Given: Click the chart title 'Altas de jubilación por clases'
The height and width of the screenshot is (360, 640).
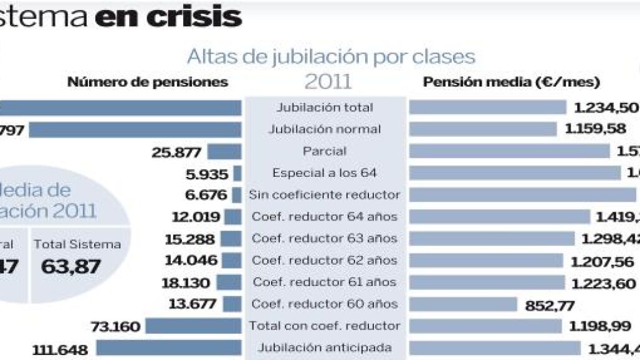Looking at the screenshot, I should tap(331, 57).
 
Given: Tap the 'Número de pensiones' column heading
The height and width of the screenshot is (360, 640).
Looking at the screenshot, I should tap(148, 82).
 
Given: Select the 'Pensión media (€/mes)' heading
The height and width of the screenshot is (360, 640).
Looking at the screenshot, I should tap(511, 82).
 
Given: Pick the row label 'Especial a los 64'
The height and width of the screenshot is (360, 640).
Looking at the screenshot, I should tap(324, 173).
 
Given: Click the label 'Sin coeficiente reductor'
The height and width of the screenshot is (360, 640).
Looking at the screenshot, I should tap(324, 195).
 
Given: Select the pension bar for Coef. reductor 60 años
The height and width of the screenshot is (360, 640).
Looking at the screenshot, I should tap(463, 304).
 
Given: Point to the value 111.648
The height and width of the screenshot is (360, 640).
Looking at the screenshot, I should tap(60, 349).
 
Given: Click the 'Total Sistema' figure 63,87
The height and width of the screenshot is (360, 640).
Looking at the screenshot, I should tap(70, 267).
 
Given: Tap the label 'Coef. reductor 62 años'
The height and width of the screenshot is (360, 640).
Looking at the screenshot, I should tap(324, 260).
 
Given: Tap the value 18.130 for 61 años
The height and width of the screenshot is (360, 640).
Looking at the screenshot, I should tap(185, 283).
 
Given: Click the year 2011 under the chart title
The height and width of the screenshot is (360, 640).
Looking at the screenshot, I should tap(328, 82).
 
